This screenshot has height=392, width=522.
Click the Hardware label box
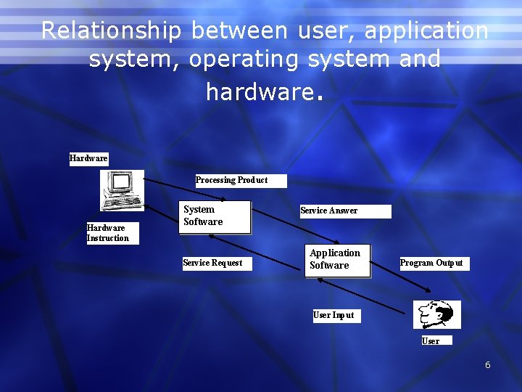88,158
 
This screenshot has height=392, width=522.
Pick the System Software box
215,216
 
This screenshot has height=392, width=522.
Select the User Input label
333,315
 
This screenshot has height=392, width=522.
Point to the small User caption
431,340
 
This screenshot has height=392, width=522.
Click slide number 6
488,364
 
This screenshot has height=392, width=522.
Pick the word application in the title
426,31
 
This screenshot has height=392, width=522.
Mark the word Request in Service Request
226,263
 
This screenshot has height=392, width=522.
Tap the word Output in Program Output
449,263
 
